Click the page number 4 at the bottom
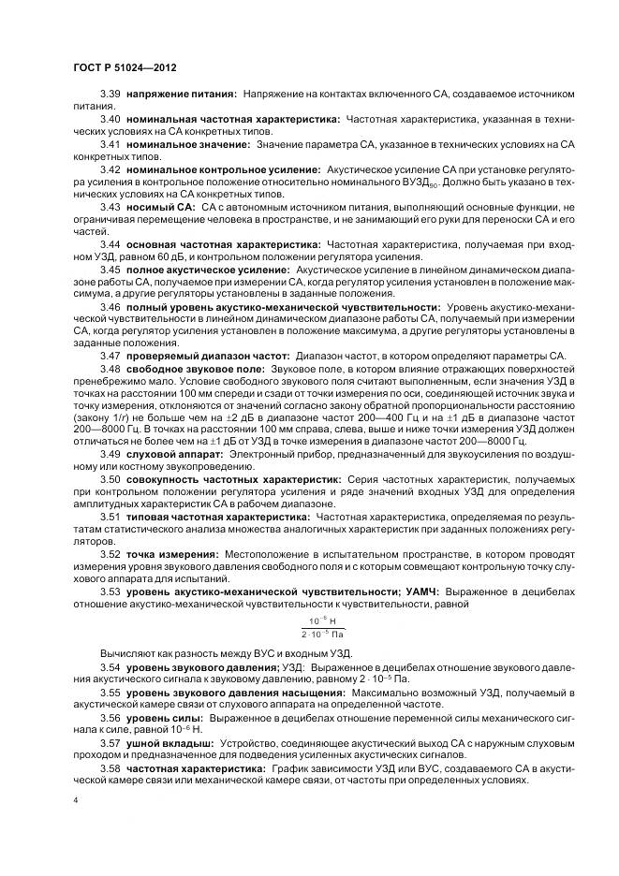(74, 800)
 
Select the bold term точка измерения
(172, 552)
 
